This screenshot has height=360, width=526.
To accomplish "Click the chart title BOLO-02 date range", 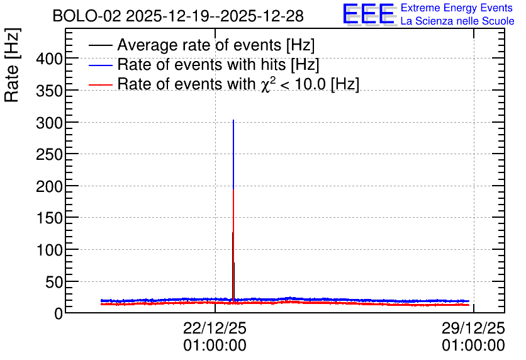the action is point(178,16).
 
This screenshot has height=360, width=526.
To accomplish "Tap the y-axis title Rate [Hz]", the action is point(12,65).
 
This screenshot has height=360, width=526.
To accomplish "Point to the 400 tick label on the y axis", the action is point(50,59).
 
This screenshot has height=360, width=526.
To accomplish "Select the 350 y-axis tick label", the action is point(50,91).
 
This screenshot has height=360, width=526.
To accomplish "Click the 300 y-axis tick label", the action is point(50,123).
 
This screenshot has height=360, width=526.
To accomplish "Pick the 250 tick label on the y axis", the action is point(50,155).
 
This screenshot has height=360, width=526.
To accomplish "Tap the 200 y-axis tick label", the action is point(50,187).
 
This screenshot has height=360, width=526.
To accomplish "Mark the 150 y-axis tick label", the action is point(50,219).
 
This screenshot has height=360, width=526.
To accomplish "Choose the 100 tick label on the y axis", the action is point(50,250).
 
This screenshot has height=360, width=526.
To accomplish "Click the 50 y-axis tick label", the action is point(54,283).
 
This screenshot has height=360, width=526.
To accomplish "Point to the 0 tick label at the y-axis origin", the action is point(59,314).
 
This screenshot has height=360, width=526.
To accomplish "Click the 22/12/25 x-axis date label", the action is point(215,329).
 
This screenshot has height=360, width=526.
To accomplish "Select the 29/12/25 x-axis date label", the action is point(473,329).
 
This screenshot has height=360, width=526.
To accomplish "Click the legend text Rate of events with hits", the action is point(218,64).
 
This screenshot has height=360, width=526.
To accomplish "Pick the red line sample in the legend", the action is point(100,85).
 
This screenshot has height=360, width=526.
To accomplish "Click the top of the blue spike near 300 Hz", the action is point(233,120).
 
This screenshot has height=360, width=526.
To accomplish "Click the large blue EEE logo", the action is point(369,14).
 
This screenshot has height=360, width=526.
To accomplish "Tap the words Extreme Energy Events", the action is point(457,8).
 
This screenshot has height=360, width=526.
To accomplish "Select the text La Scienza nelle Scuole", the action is point(457,21).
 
